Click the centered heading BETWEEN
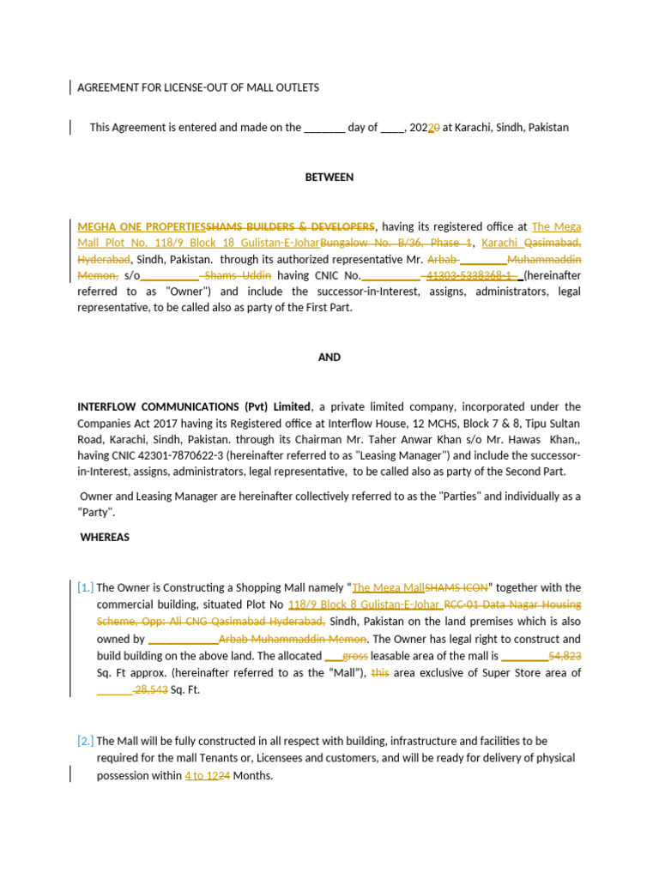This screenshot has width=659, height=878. pyautogui.click(x=329, y=177)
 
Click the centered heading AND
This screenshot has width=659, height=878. pyautogui.click(x=329, y=358)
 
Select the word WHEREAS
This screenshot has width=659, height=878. pyautogui.click(x=105, y=538)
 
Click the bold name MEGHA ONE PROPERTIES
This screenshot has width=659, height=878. pyautogui.click(x=142, y=227)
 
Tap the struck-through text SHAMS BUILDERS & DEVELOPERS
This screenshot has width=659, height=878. pyautogui.click(x=290, y=227)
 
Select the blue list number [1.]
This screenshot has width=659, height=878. pyautogui.click(x=86, y=588)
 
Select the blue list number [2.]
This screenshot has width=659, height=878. pyautogui.click(x=86, y=741)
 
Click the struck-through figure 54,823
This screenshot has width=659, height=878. pyautogui.click(x=565, y=656)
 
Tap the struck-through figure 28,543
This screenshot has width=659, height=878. pyautogui.click(x=151, y=690)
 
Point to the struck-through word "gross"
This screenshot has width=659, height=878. pyautogui.click(x=355, y=656)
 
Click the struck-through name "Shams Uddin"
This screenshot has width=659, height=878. pyautogui.click(x=239, y=276)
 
